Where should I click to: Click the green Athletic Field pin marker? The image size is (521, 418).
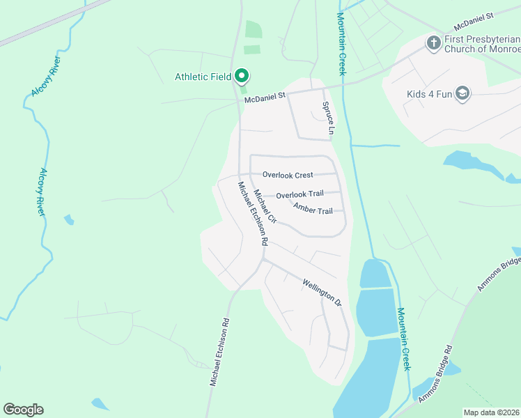pos(242,75)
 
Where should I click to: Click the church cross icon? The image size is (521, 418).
pos(433,43)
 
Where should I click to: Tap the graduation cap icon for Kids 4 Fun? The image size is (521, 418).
pos(462,94)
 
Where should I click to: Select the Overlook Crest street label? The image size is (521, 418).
pos(288,175)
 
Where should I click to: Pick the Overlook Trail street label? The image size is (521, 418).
pos(300,195)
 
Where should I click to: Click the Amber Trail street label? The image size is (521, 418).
pos(313,209)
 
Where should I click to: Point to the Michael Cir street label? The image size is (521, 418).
pos(265,206)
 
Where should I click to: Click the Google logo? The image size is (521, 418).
pos(23,409)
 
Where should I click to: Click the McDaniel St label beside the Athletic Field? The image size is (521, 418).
pos(265,98)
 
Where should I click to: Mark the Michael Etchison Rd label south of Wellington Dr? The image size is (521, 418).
pos(220,353)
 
